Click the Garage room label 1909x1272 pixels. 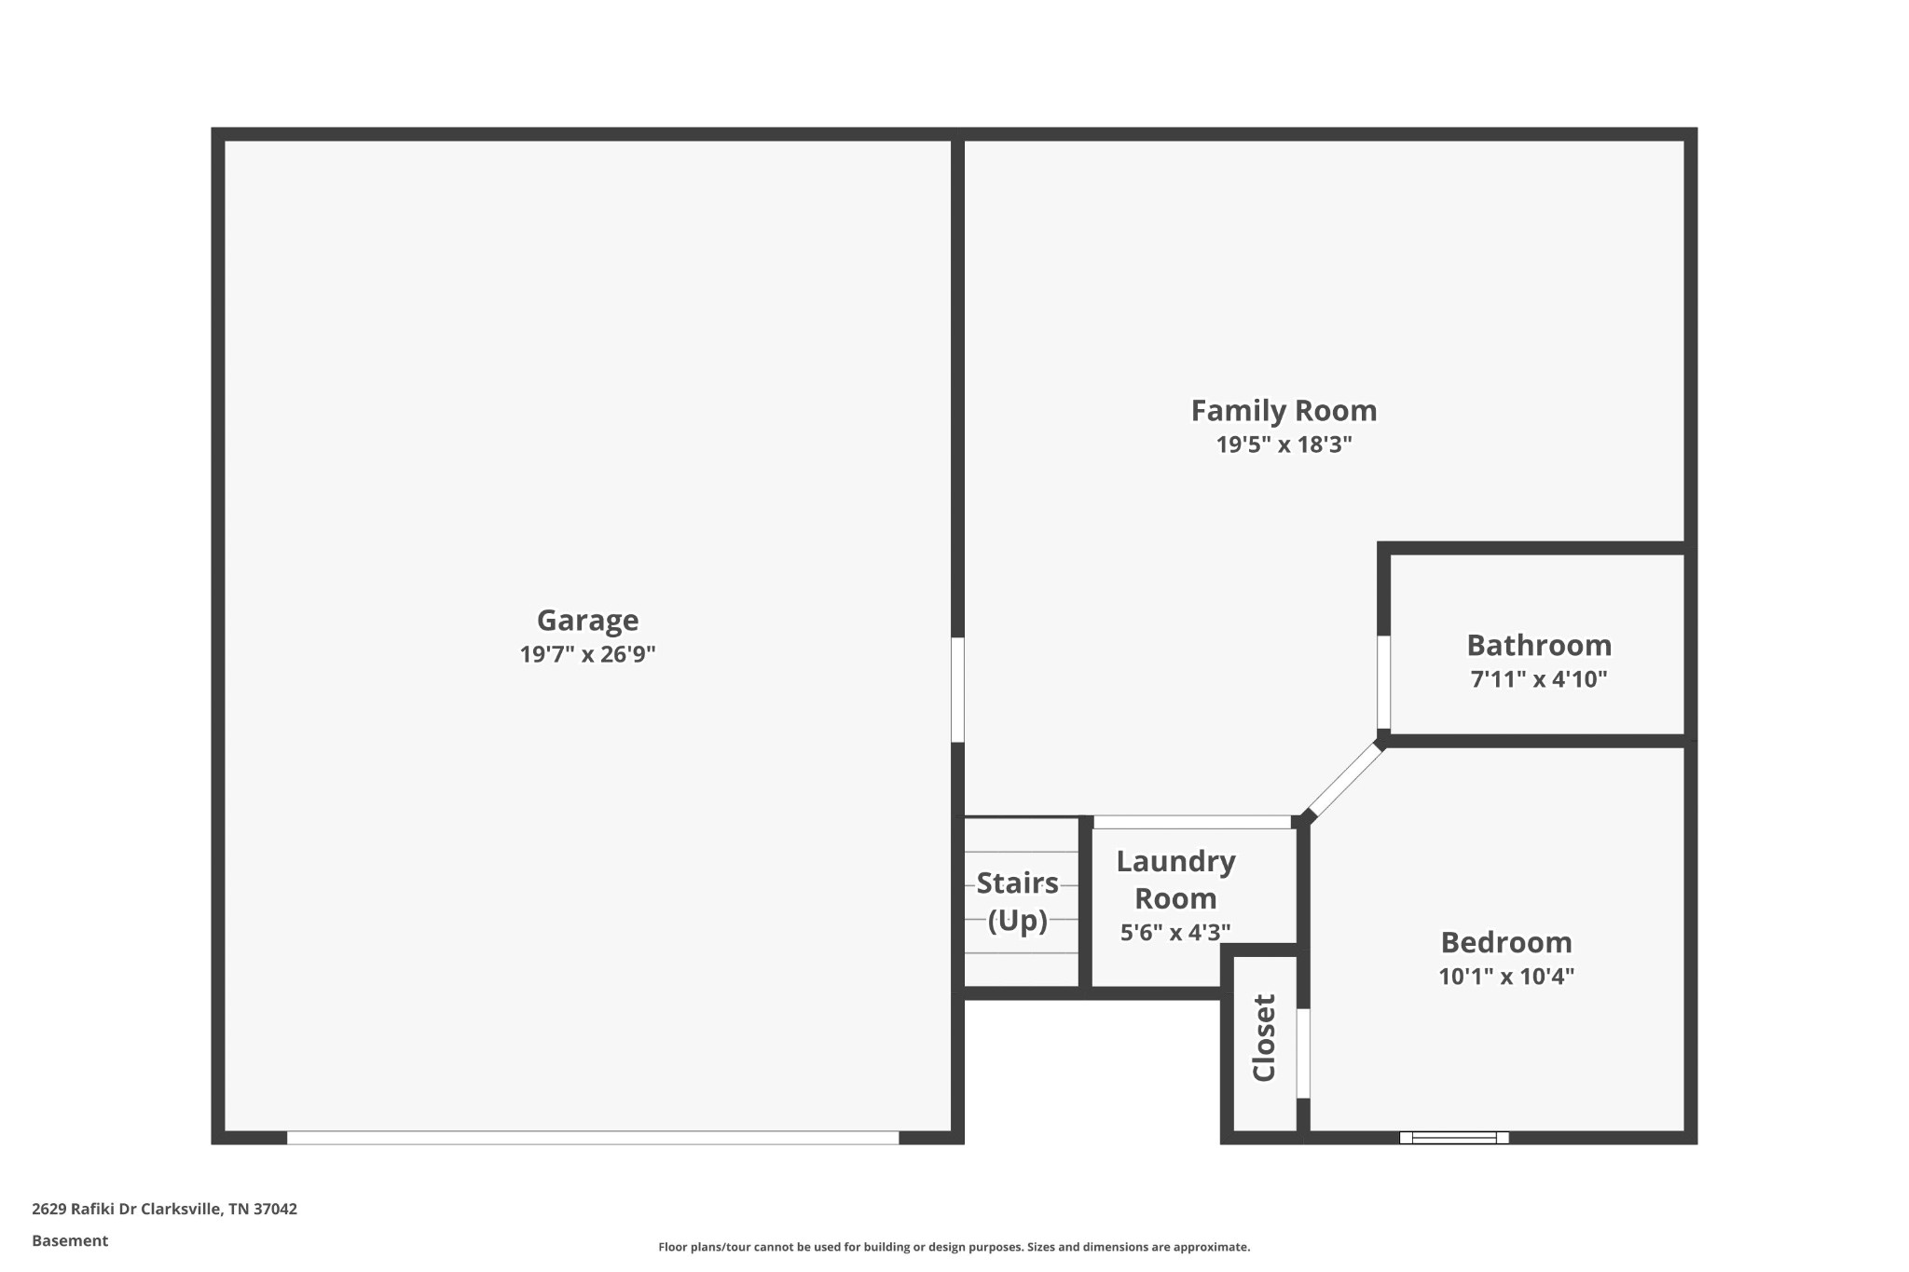[587, 621]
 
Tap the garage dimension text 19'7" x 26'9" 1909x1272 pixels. [587, 654]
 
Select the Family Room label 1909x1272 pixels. [1284, 411]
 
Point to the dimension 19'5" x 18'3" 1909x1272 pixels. [1284, 445]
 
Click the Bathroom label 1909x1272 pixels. [1538, 645]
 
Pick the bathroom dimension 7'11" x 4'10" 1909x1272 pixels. [1538, 679]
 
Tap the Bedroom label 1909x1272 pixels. [1505, 942]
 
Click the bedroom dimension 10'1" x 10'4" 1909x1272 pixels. [1505, 977]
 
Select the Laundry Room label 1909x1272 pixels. [1175, 880]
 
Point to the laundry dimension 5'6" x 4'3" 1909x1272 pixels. [1175, 932]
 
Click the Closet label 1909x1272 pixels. [1264, 1038]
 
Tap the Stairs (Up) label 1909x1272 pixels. [1017, 901]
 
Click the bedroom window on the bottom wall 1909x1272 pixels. [1453, 1137]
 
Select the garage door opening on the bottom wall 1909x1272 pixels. [593, 1137]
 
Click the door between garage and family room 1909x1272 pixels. [957, 690]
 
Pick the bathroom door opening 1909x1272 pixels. [1383, 682]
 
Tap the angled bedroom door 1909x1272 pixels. [1345, 780]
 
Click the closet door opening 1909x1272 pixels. [1303, 1053]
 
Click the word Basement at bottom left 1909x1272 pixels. [70, 1240]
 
